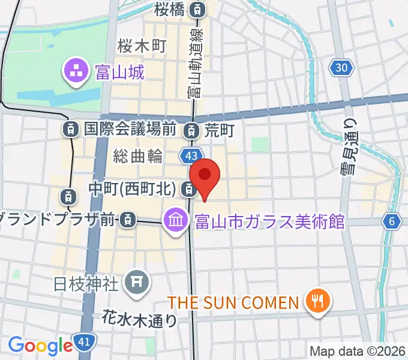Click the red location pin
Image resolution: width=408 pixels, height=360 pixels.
pos(205,176)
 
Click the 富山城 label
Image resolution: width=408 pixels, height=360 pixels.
pos(119,73)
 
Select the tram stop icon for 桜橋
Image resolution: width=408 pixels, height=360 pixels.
pos(197,9)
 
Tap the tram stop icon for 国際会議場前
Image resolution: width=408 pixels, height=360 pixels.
pos(71,128)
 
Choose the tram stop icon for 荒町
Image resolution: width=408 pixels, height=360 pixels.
pos(191,129)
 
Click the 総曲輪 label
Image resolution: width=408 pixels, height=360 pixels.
pos(138,157)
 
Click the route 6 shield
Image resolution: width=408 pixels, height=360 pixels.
pos(392,221)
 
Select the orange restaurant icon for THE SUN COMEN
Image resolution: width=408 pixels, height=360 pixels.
pos(316,301)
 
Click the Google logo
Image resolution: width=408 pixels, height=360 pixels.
pos(40,346)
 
